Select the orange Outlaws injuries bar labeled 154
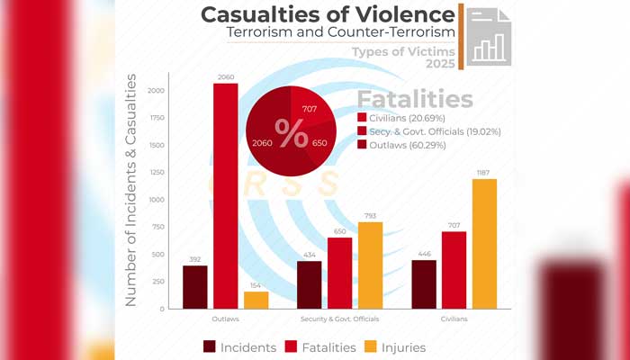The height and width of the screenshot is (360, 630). tap(256, 300)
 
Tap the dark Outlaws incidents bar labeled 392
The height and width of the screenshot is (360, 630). tap(194, 287)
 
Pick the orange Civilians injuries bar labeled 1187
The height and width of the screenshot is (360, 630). tap(484, 243)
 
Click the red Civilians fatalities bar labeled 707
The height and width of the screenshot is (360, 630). tap(454, 270)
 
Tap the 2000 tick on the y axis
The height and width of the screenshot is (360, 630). tap(157, 91)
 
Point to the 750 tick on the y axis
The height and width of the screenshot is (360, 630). tap(158, 227)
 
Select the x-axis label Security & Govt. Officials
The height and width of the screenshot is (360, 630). tap(339, 319)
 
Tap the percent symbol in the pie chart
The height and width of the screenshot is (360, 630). tap(291, 134)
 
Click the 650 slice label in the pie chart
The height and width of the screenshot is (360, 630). tap(319, 143)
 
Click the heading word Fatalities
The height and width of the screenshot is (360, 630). tap(415, 98)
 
